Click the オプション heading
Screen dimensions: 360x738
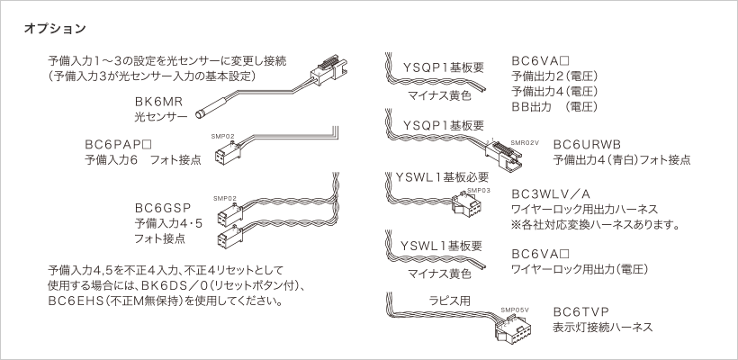click(57, 29)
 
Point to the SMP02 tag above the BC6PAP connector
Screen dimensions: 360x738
click(223, 137)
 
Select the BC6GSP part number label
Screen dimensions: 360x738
click(158, 206)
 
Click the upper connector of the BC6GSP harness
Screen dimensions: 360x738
click(226, 213)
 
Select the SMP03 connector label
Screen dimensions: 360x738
click(478, 191)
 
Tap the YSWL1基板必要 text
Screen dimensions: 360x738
click(442, 176)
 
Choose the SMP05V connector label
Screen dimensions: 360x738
click(517, 309)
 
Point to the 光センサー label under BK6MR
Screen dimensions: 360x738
click(160, 117)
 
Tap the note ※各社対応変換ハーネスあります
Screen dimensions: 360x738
click(595, 224)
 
